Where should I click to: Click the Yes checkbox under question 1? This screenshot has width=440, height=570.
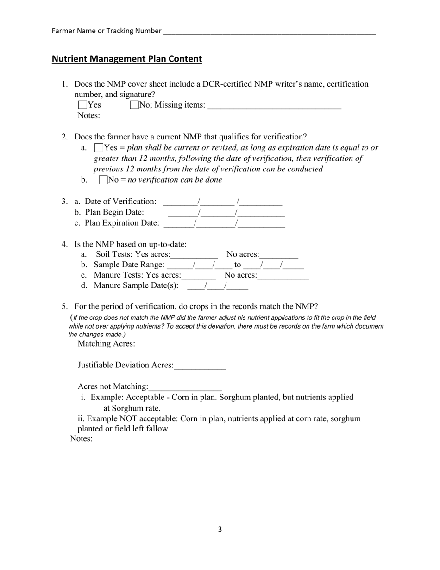pyautogui.click(x=83, y=105)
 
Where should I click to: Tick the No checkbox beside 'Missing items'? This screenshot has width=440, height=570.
pyautogui.click(x=134, y=105)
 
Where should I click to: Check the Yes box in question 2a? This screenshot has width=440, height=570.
pyautogui.click(x=99, y=148)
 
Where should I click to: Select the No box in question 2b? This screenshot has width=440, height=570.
pyautogui.click(x=103, y=180)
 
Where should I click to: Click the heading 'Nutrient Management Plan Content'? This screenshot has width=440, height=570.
pyautogui.click(x=127, y=59)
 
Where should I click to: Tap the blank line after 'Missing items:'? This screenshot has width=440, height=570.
pyautogui.click(x=274, y=106)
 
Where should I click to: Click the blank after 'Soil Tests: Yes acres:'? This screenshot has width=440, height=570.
pyautogui.click(x=194, y=255)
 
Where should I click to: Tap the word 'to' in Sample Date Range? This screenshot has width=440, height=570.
pyautogui.click(x=238, y=265)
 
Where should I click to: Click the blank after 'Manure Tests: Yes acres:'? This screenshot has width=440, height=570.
pyautogui.click(x=199, y=276)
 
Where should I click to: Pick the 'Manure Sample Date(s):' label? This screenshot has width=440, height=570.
pyautogui.click(x=136, y=285)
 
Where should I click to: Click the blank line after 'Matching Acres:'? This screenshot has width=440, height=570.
pyautogui.click(x=168, y=345)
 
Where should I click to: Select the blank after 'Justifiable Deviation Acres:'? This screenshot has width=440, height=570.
pyautogui.click(x=200, y=366)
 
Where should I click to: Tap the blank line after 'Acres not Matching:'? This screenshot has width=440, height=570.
pyautogui.click(x=185, y=387)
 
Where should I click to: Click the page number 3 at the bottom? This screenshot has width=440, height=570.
pyautogui.click(x=220, y=529)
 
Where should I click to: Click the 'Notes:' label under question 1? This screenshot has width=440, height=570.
pyautogui.click(x=88, y=116)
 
